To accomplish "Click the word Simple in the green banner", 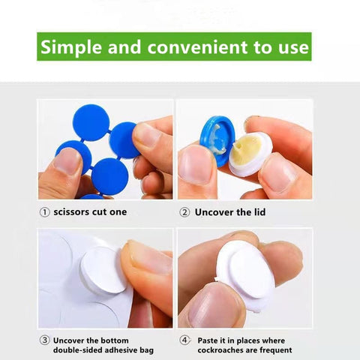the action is [71, 47].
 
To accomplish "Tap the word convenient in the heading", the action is [198, 47].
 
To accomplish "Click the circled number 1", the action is [44, 212].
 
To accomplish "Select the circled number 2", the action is [184, 212].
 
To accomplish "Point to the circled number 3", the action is [44, 340].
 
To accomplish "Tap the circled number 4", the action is [184, 340].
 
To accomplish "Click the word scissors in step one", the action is [71, 212].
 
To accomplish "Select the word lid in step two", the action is [259, 212].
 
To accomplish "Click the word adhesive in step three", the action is [121, 350].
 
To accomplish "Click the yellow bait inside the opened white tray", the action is [245, 150].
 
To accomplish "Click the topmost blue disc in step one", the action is [91, 122].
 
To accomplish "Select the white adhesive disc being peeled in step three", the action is [103, 271].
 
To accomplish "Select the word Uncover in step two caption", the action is [214, 212].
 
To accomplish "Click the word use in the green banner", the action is [294, 47].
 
